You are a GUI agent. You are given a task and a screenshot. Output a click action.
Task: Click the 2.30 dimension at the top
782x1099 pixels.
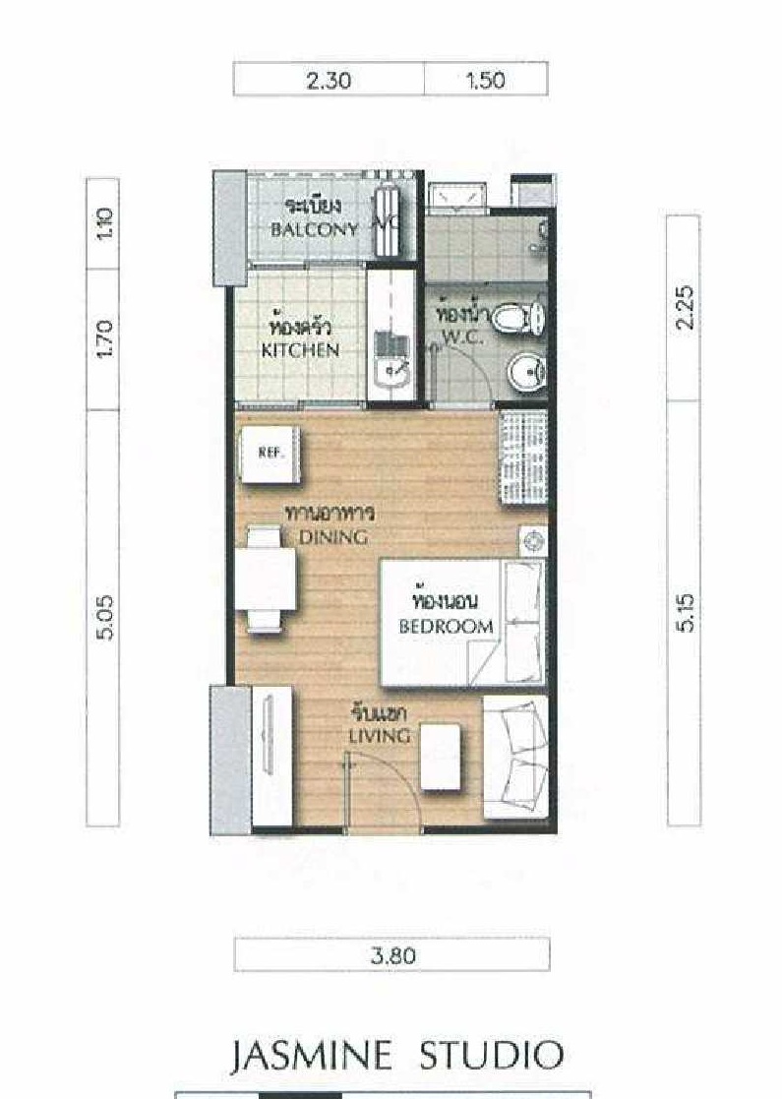[329, 80]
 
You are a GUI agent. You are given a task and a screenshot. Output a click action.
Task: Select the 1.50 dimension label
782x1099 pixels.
[485, 80]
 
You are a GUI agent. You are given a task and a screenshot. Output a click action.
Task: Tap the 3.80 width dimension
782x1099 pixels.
[393, 955]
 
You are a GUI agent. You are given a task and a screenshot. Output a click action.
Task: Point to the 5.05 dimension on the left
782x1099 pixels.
[103, 617]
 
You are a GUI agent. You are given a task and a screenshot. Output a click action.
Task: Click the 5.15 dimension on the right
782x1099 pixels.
[686, 613]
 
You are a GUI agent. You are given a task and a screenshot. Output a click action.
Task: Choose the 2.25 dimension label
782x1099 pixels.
[684, 306]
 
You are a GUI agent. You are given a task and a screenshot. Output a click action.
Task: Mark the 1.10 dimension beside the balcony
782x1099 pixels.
[103, 223]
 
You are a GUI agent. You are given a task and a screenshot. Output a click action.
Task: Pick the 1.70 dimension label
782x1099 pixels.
[103, 338]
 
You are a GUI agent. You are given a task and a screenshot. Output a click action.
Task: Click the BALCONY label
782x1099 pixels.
[315, 229]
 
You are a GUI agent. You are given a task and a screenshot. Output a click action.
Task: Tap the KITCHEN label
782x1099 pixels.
[301, 349]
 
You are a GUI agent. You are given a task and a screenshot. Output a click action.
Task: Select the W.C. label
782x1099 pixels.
[462, 337]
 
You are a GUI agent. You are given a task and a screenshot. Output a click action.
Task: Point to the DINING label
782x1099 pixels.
[333, 537]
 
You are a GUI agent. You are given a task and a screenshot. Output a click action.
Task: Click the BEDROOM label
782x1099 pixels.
[447, 626]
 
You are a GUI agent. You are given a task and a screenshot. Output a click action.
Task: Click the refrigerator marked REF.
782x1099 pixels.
[271, 455]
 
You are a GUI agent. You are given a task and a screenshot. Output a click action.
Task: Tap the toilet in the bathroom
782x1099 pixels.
[517, 318]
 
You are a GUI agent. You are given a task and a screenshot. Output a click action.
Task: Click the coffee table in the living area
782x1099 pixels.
[441, 757]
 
